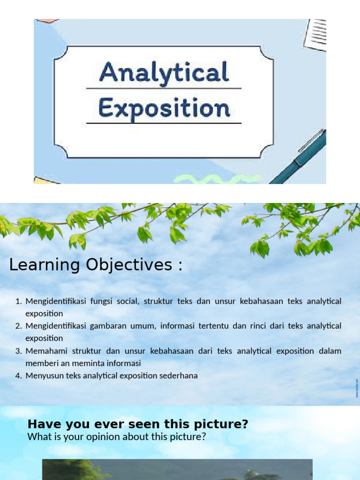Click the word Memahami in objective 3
click(44, 351)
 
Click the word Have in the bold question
click(41, 425)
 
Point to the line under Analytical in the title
click(164, 88)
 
